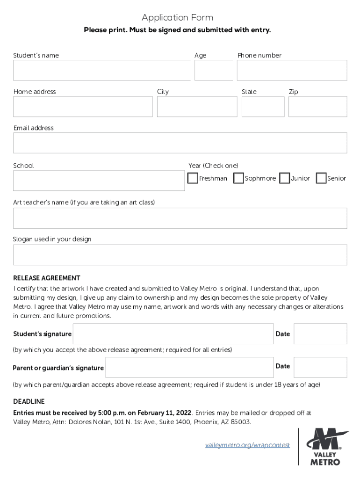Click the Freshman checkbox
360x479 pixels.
pyautogui.click(x=193, y=178)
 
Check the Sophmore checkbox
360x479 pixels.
pyautogui.click(x=238, y=178)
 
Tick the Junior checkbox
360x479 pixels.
pyautogui.click(x=284, y=178)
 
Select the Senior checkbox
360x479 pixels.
pyautogui.click(x=321, y=178)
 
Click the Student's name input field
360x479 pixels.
pyautogui.click(x=101, y=71)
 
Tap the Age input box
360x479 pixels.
pyautogui.click(x=213, y=71)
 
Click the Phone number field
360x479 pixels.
pyautogui.click(x=292, y=71)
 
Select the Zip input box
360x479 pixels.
pyautogui.click(x=317, y=107)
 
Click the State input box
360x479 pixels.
pyautogui.click(x=263, y=107)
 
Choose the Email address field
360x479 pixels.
pyautogui.click(x=180, y=143)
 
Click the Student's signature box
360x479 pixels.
pyautogui.click(x=173, y=334)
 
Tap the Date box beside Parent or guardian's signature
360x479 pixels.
pyautogui.click(x=320, y=367)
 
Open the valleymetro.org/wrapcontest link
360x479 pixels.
pyautogui.click(x=247, y=445)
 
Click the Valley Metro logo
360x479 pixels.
pyautogui.click(x=327, y=446)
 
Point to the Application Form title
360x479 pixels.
pyautogui.click(x=178, y=18)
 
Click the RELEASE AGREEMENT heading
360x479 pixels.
pyautogui.click(x=47, y=278)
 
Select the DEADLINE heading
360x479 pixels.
pyautogui.click(x=29, y=401)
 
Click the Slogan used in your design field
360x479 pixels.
pyautogui.click(x=180, y=255)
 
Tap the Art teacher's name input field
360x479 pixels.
pyautogui.click(x=180, y=218)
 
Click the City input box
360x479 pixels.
pyautogui.click(x=197, y=107)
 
